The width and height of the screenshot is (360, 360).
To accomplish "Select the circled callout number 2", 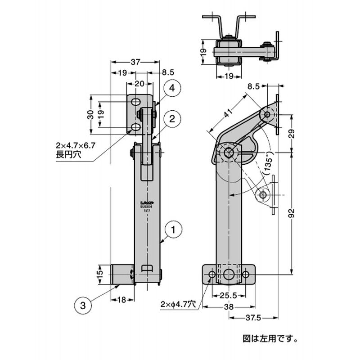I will click(x=172, y=119).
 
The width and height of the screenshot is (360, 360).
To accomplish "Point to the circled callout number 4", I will click(x=173, y=89).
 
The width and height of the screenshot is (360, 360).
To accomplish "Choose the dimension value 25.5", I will click(x=229, y=296).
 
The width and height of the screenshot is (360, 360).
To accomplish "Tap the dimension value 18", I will click(x=122, y=300).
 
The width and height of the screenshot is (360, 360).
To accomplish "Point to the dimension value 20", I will click(x=139, y=84).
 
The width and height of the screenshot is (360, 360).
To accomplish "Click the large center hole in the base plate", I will click(x=229, y=274).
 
